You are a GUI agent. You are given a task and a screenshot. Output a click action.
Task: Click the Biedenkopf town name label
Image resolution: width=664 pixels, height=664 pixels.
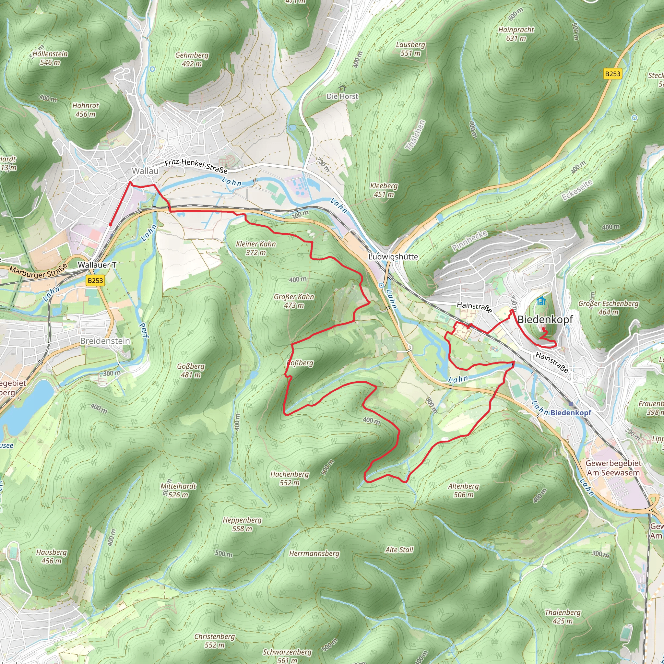pos(545,319)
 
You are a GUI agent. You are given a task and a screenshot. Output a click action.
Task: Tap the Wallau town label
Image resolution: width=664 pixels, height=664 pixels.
pos(145,171)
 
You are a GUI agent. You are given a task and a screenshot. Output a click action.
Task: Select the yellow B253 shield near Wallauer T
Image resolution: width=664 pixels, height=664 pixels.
pos(95,280)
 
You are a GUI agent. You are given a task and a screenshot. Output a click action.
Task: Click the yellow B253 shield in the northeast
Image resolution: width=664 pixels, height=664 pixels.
pos(612,74)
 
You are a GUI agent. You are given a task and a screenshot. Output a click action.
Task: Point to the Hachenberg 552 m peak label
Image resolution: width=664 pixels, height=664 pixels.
pos(290,479)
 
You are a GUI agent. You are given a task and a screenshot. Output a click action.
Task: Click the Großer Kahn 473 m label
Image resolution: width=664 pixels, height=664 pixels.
pos(294,301)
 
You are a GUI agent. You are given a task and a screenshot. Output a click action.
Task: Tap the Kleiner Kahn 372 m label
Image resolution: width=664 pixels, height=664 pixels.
pos(256,248)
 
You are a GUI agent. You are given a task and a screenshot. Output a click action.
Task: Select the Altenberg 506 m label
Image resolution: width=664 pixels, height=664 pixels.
pos(463,491)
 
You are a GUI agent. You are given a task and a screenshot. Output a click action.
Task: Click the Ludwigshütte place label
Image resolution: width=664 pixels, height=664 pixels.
pos(393,257)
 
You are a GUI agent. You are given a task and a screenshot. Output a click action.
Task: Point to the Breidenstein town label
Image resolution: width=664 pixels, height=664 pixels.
pos(105,341)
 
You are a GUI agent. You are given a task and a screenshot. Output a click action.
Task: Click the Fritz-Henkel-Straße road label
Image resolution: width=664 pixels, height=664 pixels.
pos(196,166)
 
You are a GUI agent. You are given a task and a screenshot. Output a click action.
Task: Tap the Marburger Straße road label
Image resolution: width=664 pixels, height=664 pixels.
pos(38,271)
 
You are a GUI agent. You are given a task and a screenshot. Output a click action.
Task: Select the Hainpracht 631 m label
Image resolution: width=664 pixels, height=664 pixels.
pos(516,34)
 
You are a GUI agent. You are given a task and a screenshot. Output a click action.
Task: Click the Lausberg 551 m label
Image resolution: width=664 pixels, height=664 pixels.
pos(410,49)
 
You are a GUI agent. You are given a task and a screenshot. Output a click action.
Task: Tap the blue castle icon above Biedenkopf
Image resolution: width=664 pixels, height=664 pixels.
pos(541,301)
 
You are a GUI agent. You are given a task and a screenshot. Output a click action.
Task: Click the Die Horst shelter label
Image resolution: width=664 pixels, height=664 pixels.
pos(342,96)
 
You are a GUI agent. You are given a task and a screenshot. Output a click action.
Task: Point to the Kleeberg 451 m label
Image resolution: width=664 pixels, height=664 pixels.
pos(384,190)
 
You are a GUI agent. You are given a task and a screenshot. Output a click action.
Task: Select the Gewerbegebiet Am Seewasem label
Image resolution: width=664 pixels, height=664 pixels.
pos(613,468)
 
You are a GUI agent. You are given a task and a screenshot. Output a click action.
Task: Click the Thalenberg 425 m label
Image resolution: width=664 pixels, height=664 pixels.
pos(563,617)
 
